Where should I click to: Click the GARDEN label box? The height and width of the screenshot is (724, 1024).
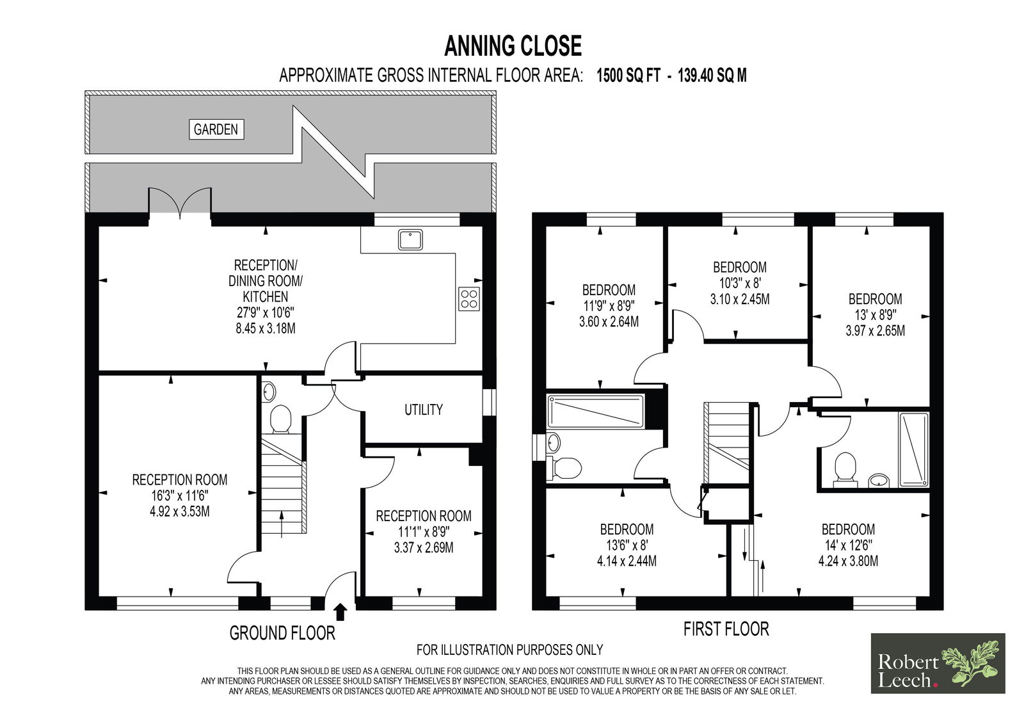[216, 129]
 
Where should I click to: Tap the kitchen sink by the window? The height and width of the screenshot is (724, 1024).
[410, 239]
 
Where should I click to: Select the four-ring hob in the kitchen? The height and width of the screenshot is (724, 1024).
[469, 299]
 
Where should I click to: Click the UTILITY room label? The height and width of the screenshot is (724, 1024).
[423, 409]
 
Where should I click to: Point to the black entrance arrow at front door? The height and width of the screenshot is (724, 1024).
[340, 611]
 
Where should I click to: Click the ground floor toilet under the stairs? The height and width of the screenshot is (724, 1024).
[281, 419]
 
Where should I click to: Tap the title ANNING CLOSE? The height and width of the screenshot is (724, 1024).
[513, 46]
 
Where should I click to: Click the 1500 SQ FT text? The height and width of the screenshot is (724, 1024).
[628, 76]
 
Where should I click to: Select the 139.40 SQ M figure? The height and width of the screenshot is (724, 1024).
[712, 76]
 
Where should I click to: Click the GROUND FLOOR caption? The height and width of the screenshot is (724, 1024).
[282, 633]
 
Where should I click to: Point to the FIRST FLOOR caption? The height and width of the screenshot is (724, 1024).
[726, 629]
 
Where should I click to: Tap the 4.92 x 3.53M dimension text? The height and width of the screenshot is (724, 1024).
[180, 511]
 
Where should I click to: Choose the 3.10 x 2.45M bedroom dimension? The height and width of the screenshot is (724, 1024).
[740, 299]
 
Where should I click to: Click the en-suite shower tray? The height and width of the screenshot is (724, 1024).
[914, 449]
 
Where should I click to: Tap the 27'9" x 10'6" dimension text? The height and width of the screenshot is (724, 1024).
[265, 313]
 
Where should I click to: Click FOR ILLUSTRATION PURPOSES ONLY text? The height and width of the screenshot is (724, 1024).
[509, 650]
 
